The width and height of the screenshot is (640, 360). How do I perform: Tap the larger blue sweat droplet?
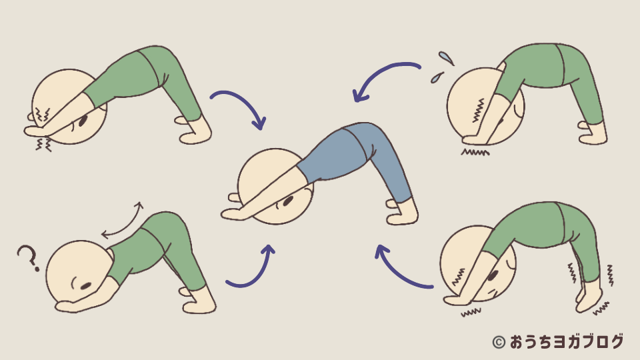pos(446,58)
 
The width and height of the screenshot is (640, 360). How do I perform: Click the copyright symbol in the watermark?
pos(499,342)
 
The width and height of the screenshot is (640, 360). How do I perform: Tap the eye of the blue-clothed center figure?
pos(288,201)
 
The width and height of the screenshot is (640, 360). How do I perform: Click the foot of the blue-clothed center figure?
pos(402,212)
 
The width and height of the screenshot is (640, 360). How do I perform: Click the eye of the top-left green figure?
pos(83,121)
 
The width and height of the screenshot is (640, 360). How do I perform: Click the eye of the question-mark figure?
pos(86,286)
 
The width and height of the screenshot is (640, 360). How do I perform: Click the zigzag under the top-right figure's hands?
pos(475,153)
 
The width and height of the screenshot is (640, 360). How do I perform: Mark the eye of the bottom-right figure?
pos(493,275)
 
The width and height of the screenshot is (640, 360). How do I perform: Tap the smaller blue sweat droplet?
pos(437,77)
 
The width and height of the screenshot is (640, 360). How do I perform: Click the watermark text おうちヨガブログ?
pos(567,342)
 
